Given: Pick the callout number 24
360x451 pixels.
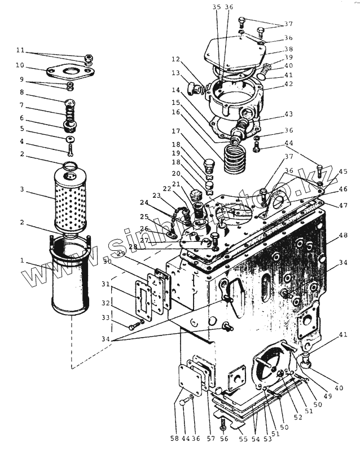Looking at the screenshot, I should [x=144, y=202].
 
